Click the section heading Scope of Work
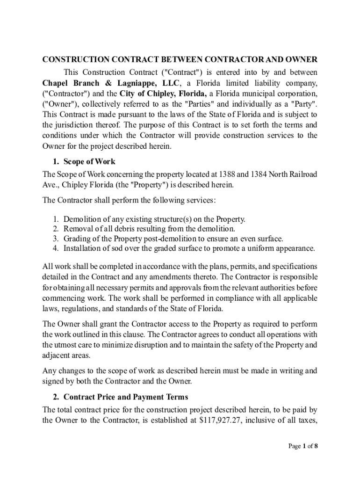89,162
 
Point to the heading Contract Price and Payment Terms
126,397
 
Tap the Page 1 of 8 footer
303,446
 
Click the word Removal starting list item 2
78,229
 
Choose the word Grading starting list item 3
77,239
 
